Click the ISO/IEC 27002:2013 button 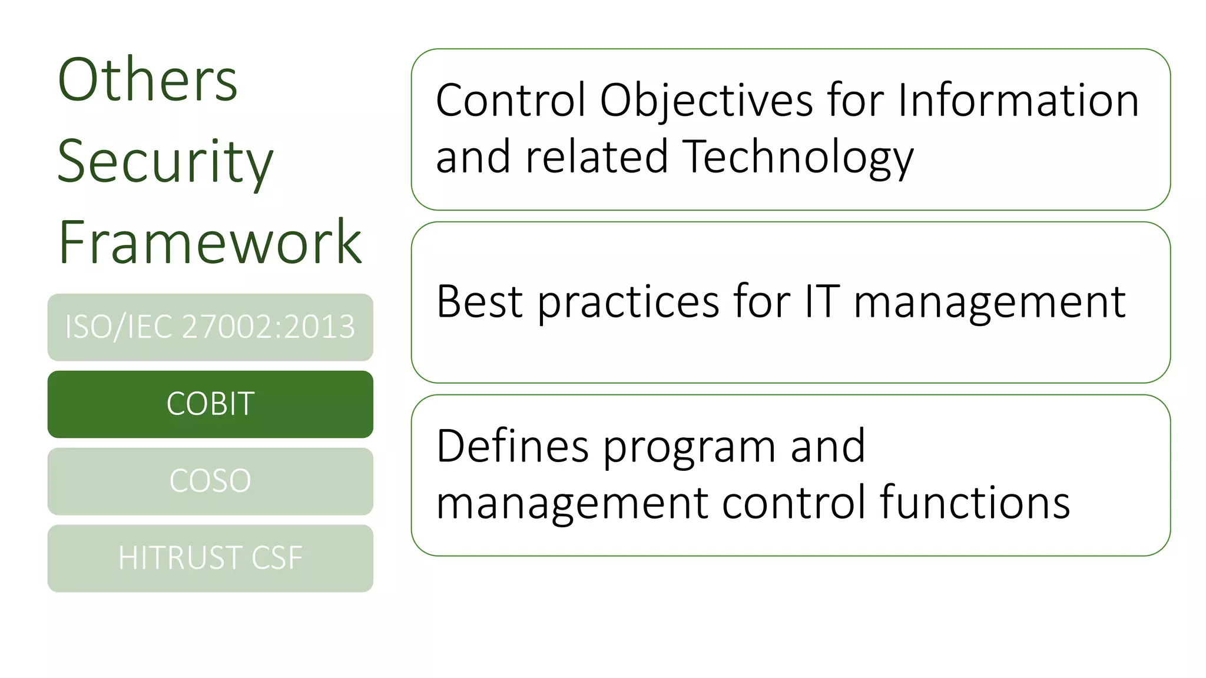coord(210,327)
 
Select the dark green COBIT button coord(210,404)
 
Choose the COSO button coord(210,481)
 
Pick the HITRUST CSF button coord(210,558)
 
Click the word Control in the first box coord(511,100)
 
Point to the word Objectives coord(705,101)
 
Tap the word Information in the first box coord(1018,100)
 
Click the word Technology coord(799,158)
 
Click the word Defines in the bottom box coord(512,446)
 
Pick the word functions coord(975,503)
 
